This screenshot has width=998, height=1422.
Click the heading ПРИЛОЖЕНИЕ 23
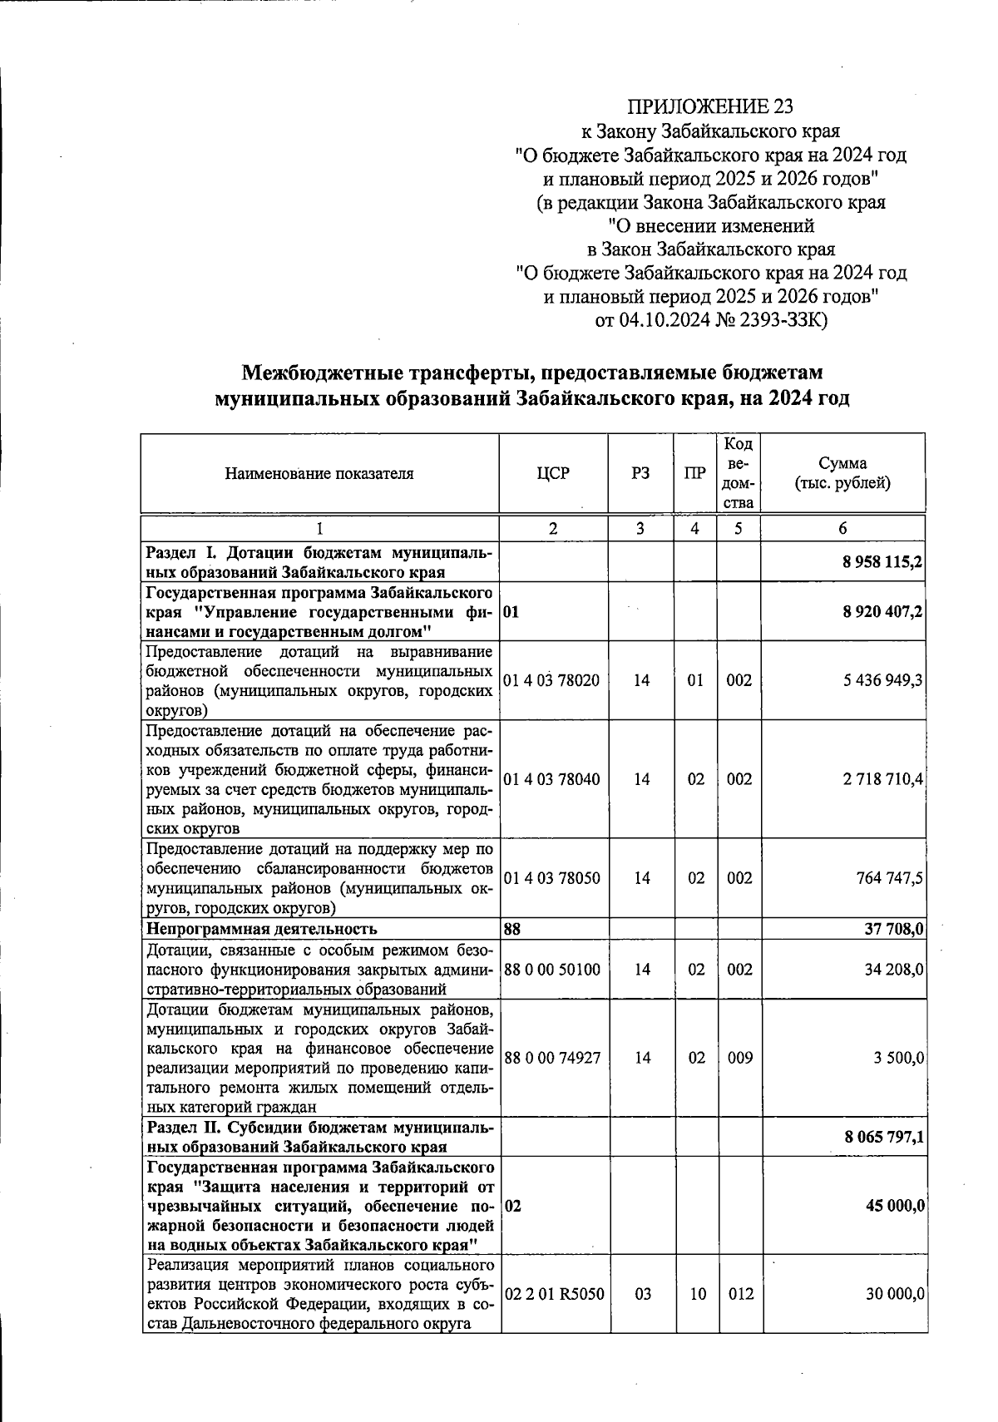(x=709, y=106)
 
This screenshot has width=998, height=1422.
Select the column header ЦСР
(x=553, y=474)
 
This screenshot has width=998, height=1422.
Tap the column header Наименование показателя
(x=319, y=474)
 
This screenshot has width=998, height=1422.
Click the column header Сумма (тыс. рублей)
(x=842, y=474)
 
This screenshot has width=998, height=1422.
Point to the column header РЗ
(x=640, y=474)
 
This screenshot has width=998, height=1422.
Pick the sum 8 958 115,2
(x=882, y=563)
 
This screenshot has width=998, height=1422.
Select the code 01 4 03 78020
(x=551, y=680)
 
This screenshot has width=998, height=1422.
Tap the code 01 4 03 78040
(x=551, y=779)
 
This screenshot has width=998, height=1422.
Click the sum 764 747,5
(x=889, y=878)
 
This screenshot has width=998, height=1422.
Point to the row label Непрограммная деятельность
(x=262, y=929)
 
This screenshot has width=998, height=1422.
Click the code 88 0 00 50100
(x=551, y=970)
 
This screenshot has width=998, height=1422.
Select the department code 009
(x=739, y=1058)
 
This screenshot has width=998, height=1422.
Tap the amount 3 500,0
(x=897, y=1058)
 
